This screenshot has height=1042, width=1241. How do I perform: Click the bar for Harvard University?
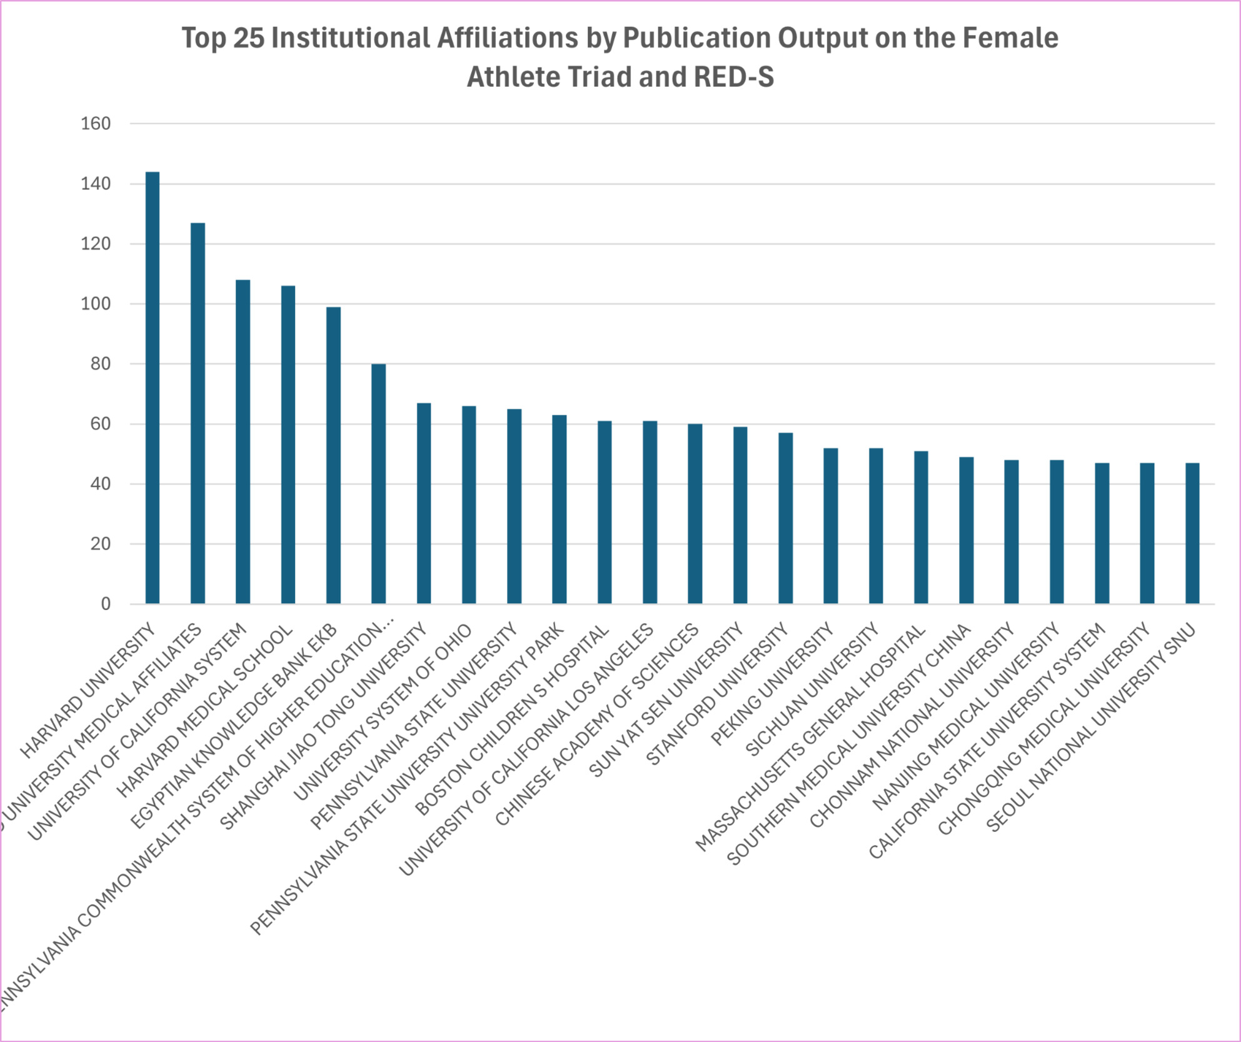[153, 388]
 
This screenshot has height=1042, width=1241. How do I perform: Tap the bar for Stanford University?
[785, 518]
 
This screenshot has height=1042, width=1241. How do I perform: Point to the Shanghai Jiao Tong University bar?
[424, 503]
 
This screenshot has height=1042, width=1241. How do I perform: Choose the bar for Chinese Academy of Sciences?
[695, 514]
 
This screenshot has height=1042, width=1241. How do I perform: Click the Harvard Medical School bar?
[288, 444]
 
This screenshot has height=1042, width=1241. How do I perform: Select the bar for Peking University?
[830, 526]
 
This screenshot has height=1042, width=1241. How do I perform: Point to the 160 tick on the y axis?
[96, 124]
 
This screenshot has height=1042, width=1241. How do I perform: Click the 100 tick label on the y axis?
[96, 304]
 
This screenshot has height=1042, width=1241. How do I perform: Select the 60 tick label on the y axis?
[100, 424]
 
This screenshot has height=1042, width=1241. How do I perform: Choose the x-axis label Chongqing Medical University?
[1044, 729]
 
